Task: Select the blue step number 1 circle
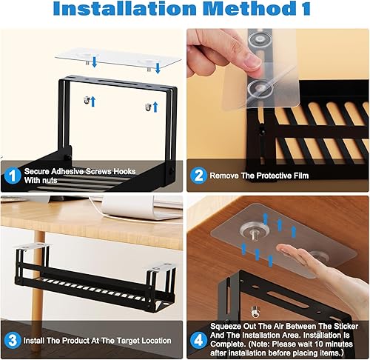(10, 175)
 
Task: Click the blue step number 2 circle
(198, 176)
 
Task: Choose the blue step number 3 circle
(10, 340)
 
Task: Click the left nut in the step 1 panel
(87, 100)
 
